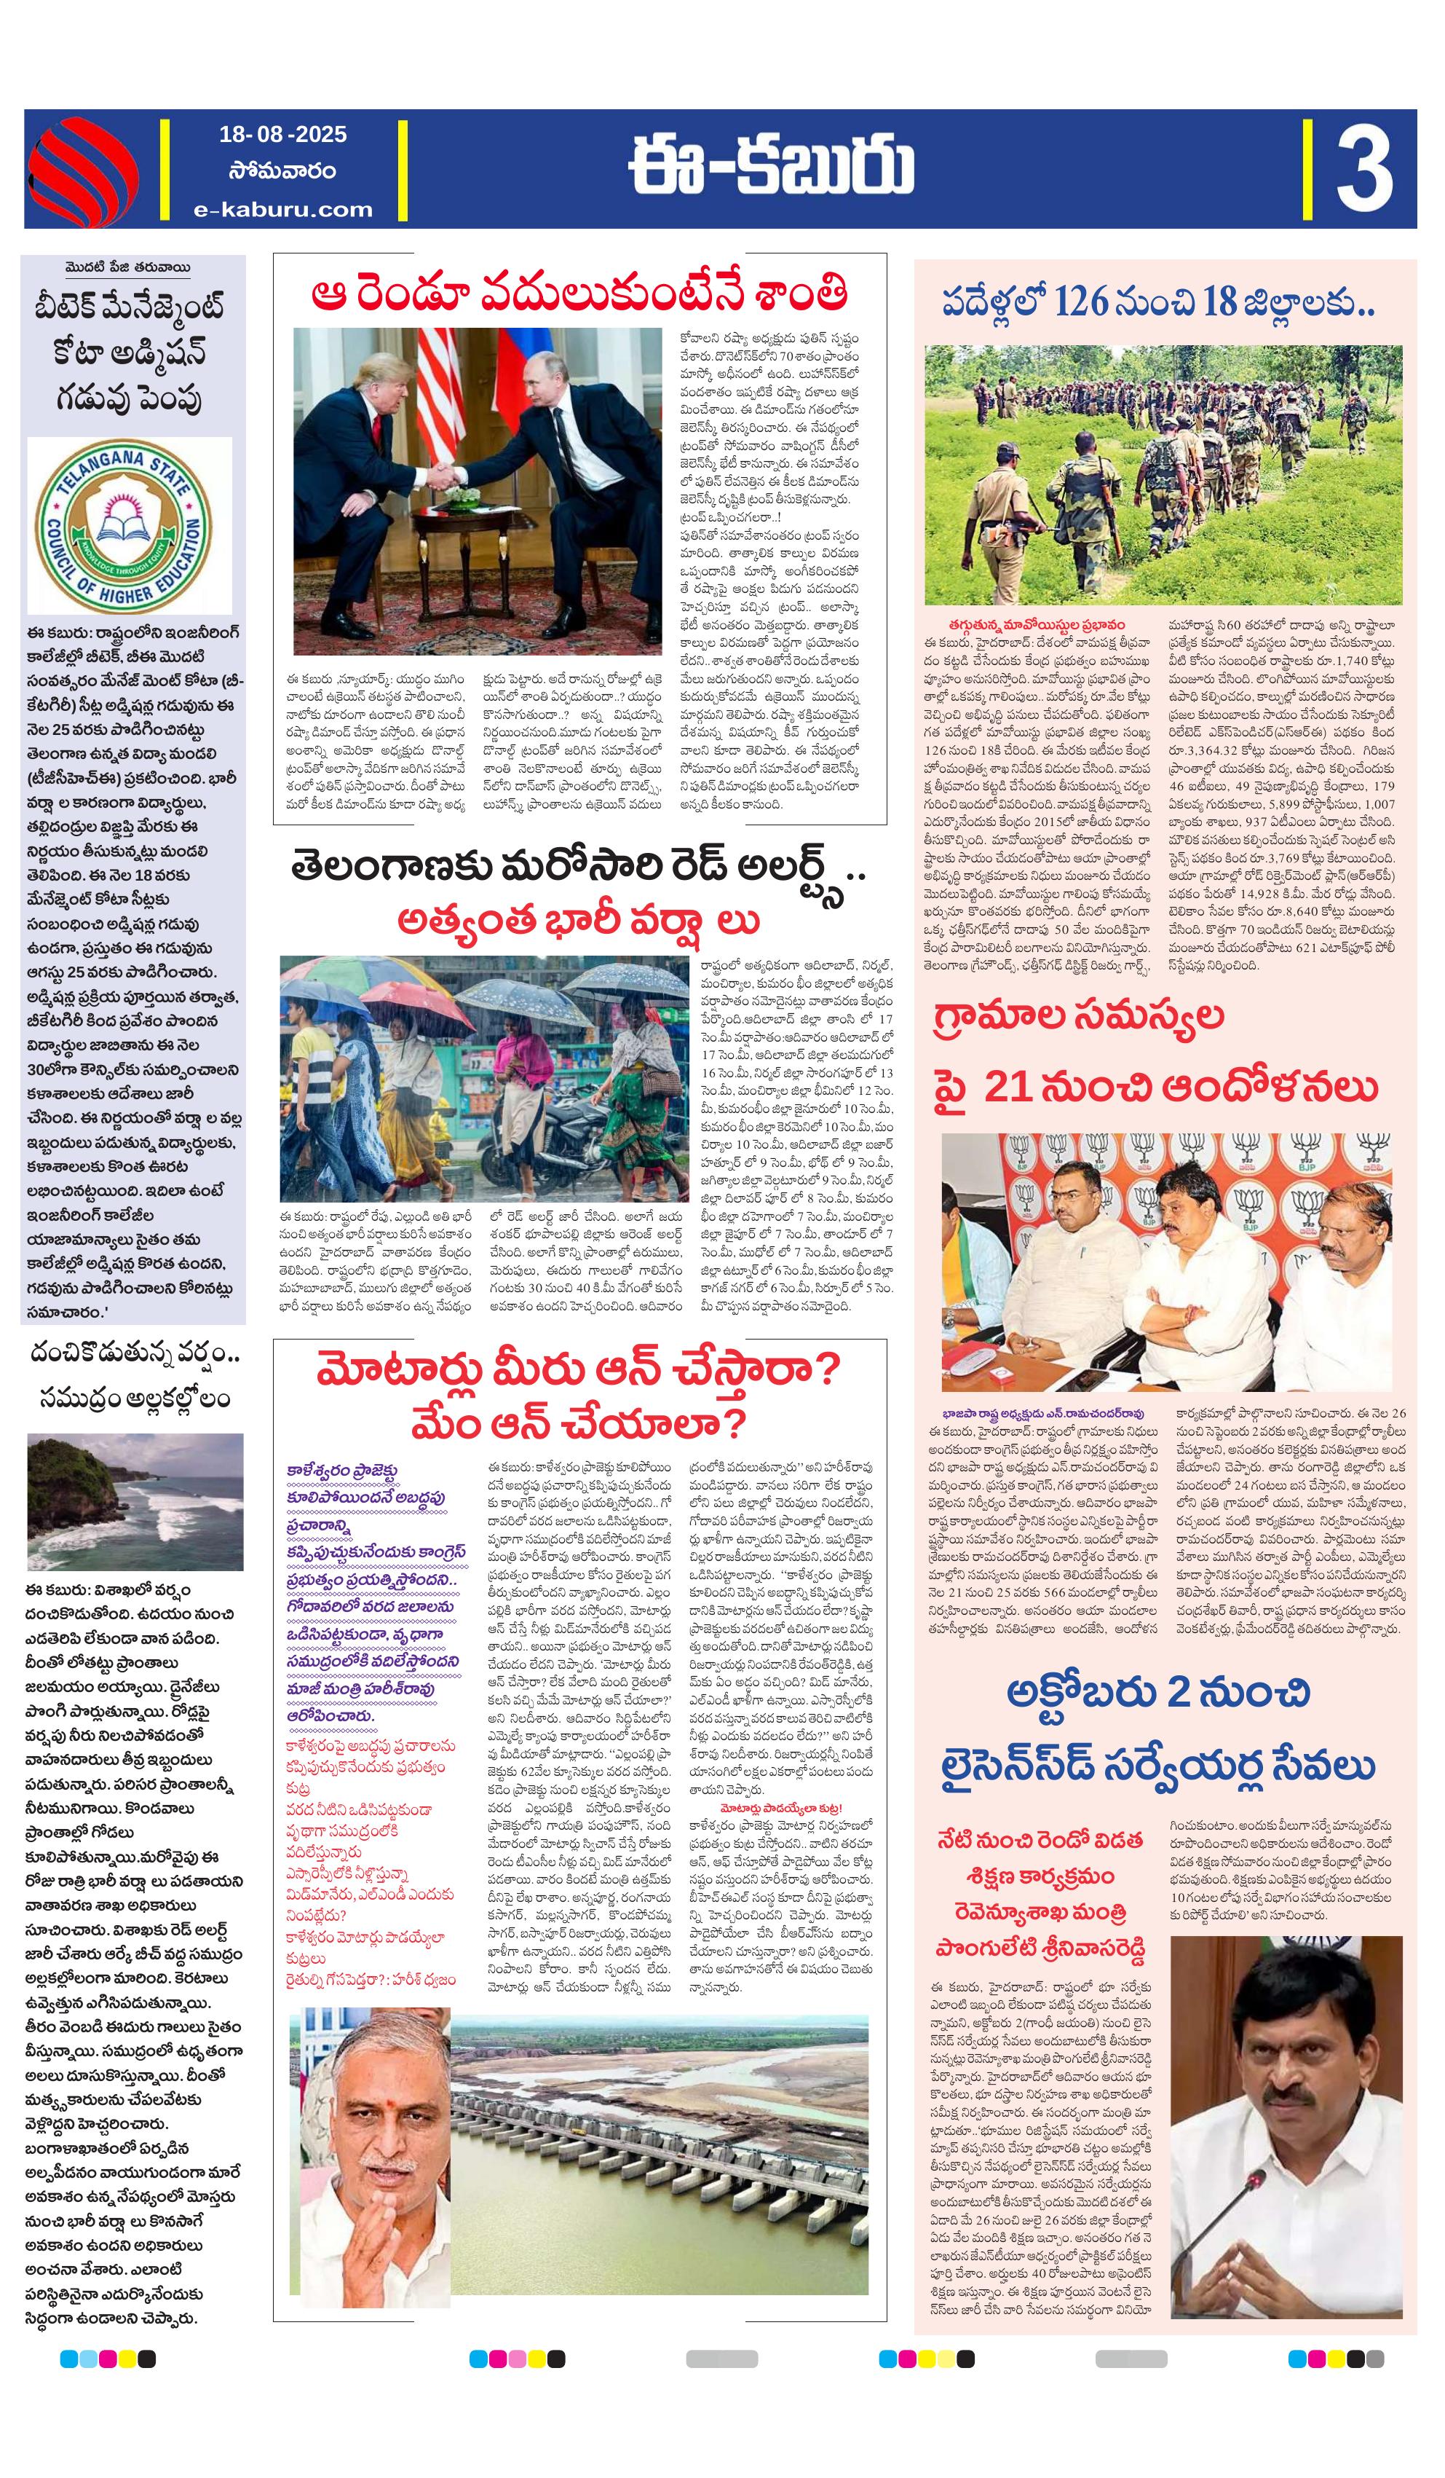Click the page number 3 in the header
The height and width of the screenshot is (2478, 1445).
1363,169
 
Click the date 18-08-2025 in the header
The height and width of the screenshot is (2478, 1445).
283,135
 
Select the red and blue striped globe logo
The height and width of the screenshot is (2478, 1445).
82,169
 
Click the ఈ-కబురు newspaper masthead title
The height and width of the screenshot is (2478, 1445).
772,168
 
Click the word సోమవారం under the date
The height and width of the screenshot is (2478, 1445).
283,171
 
